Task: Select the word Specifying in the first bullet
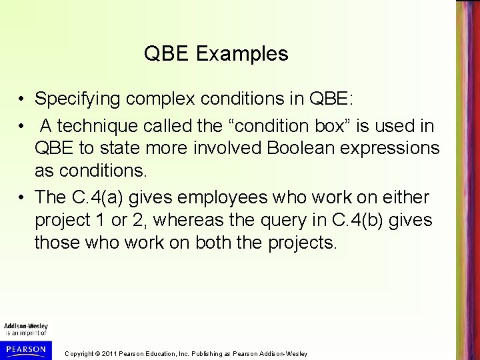(74, 99)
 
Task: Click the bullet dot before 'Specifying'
(23, 99)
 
